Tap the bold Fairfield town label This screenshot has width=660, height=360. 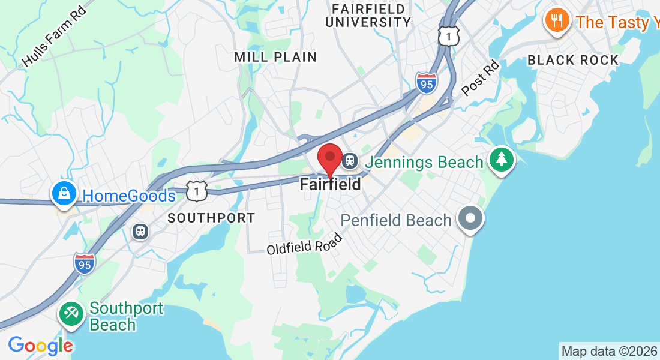pyautogui.click(x=331, y=184)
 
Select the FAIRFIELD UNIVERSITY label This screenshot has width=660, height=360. pyautogui.click(x=371, y=16)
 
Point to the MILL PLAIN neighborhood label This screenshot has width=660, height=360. pyautogui.click(x=275, y=57)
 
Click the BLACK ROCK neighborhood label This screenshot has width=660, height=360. pyautogui.click(x=573, y=60)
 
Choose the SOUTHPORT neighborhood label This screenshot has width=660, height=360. pyautogui.click(x=211, y=218)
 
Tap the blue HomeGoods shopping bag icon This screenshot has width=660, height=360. pyautogui.click(x=64, y=193)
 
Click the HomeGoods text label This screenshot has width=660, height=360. pyautogui.click(x=129, y=196)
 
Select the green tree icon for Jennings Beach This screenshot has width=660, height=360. pyautogui.click(x=502, y=160)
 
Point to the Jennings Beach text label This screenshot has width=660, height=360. pyautogui.click(x=424, y=163)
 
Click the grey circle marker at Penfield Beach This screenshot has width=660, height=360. pyautogui.click(x=470, y=217)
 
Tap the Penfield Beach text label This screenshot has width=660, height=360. pyautogui.click(x=396, y=220)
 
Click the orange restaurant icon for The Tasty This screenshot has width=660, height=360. pyautogui.click(x=557, y=21)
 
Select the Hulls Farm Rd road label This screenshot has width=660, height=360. pyautogui.click(x=53, y=37)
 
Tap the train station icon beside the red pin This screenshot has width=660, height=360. pyautogui.click(x=350, y=161)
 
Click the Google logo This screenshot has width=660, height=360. pyautogui.click(x=40, y=346)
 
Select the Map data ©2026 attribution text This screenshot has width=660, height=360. pyautogui.click(x=609, y=352)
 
